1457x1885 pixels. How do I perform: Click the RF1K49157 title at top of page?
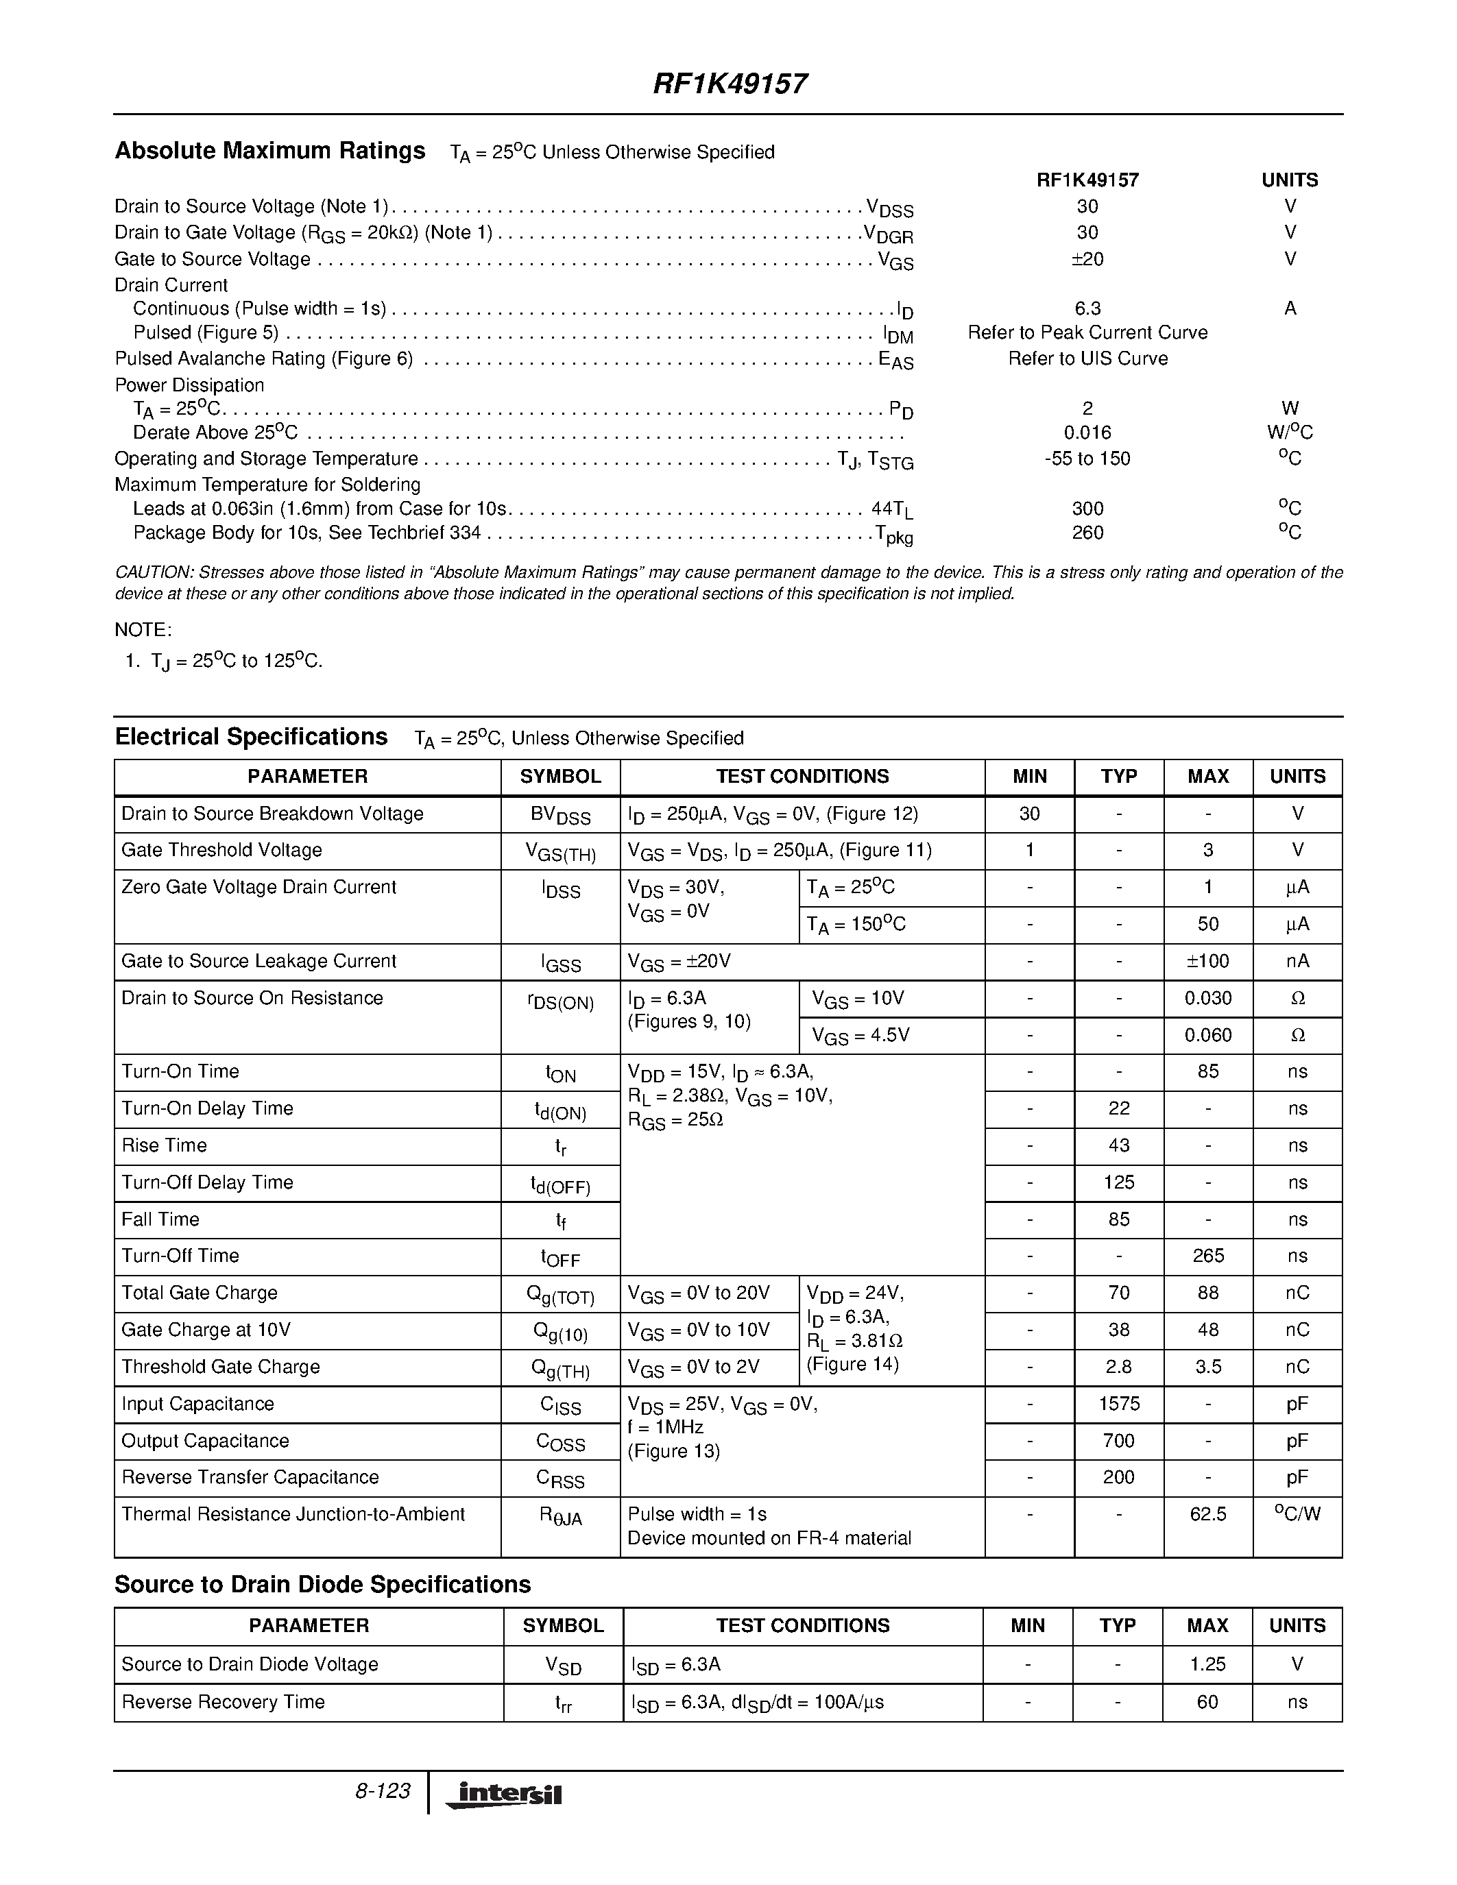coord(730,84)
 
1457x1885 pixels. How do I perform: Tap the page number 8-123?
coord(383,1791)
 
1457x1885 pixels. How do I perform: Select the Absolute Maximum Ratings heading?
coord(270,151)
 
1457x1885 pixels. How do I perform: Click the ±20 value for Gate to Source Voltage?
coord(1087,259)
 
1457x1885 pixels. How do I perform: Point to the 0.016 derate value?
coord(1087,433)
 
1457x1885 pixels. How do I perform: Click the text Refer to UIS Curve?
coord(1087,358)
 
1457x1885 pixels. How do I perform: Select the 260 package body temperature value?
coord(1087,533)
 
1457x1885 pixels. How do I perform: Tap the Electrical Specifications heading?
coord(251,737)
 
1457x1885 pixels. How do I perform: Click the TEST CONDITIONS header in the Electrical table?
coord(802,776)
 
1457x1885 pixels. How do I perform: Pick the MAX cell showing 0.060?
coord(1207,1035)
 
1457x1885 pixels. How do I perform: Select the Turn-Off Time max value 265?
coord(1207,1256)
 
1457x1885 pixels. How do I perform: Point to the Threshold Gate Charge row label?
coord(221,1366)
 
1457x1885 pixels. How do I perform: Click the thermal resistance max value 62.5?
coord(1207,1514)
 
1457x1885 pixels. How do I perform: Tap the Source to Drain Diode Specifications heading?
coord(323,1585)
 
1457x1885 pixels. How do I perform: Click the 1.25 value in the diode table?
coord(1207,1664)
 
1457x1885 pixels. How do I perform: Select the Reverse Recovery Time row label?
coord(224,1702)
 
